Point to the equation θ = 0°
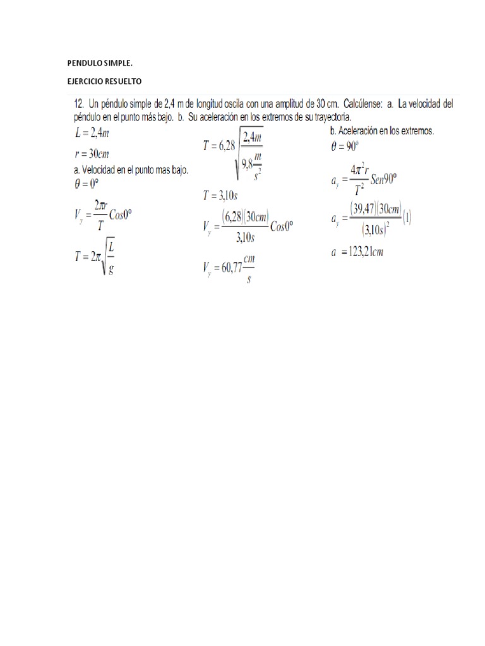pos(87,184)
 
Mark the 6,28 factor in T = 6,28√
pos(222,145)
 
